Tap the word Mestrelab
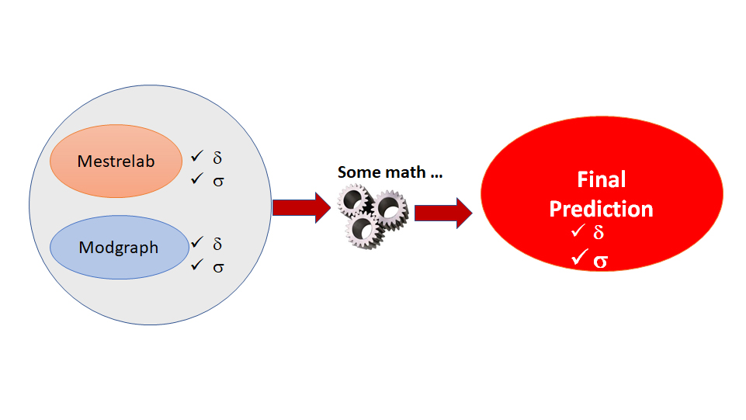click(116, 161)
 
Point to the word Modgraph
click(119, 248)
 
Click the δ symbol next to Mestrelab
click(217, 158)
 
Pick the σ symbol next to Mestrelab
click(218, 182)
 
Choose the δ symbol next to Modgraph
click(217, 244)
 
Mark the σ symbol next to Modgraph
click(218, 267)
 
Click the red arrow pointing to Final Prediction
click(443, 213)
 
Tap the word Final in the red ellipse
click(602, 180)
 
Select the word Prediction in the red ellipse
click(601, 210)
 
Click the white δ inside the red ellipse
click(599, 232)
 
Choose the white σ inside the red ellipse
click(600, 262)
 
